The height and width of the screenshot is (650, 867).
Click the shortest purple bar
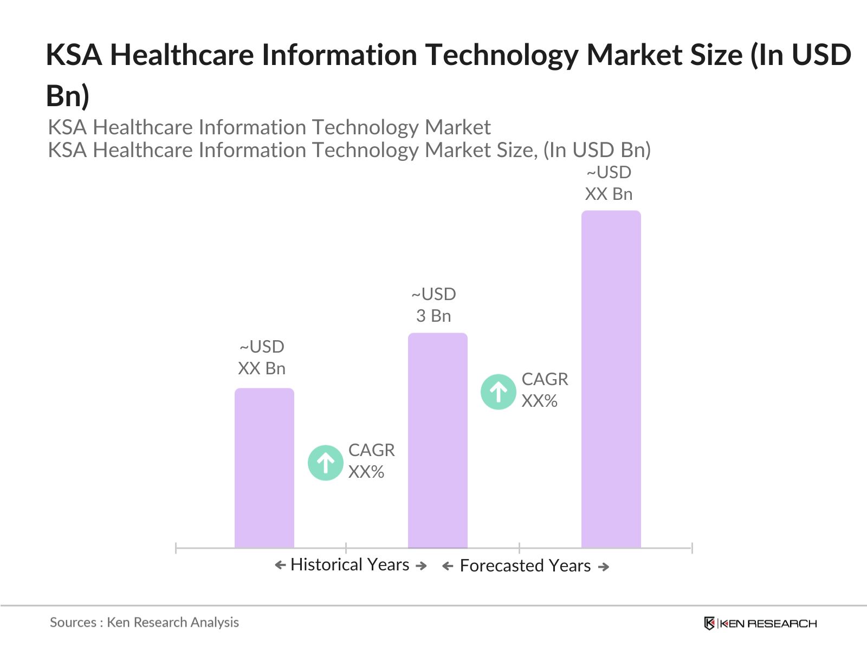coord(264,469)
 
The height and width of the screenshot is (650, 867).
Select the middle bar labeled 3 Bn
coord(437,441)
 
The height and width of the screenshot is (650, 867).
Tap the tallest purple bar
coord(611,379)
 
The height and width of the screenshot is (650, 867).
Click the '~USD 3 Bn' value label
coord(433,305)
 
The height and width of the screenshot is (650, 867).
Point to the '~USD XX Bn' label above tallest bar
coord(609,183)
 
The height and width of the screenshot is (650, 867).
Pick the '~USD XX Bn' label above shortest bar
coord(262,357)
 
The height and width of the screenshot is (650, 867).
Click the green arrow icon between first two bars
coord(325,463)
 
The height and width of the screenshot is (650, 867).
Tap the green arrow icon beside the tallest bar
coord(498,392)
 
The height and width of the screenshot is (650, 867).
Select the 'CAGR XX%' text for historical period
coord(371,461)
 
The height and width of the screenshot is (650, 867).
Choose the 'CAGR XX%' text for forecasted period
coord(545,390)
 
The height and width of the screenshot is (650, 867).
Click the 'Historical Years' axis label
coord(350,564)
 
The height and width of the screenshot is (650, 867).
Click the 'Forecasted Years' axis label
coord(525,565)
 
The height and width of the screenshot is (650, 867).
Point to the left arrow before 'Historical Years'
coord(280,565)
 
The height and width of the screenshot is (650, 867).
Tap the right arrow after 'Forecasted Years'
coord(604,567)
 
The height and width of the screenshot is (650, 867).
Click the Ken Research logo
coord(760,623)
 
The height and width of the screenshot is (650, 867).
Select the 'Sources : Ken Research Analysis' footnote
coord(144,622)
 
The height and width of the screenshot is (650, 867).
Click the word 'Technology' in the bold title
coord(502,55)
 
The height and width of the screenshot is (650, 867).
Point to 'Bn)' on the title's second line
coord(67,96)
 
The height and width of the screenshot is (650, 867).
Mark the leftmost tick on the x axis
coord(176,548)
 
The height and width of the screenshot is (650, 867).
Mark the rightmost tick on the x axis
coord(692,548)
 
